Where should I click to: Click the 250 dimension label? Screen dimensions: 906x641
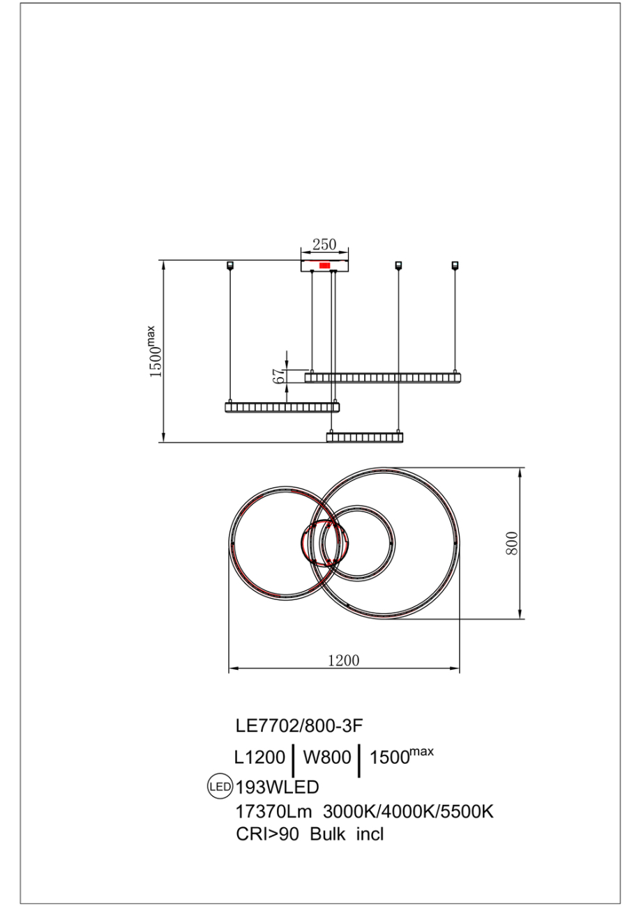point(324,245)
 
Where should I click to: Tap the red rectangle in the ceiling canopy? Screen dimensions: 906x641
point(324,266)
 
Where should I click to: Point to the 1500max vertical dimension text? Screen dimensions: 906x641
point(156,352)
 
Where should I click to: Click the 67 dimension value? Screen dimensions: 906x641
point(279,376)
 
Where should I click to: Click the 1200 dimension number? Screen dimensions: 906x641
point(344,661)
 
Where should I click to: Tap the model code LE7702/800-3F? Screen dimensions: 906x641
point(300,725)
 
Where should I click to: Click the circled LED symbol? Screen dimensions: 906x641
point(220,788)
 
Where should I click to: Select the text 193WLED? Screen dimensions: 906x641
point(278,788)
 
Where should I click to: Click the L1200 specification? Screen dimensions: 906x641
point(259,758)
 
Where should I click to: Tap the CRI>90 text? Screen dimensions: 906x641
point(268,834)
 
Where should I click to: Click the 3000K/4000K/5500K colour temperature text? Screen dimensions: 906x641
point(408,811)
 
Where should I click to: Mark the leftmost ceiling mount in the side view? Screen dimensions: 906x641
point(230,265)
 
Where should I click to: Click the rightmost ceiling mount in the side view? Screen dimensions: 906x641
point(455,265)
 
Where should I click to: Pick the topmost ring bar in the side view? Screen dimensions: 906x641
point(383,378)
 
